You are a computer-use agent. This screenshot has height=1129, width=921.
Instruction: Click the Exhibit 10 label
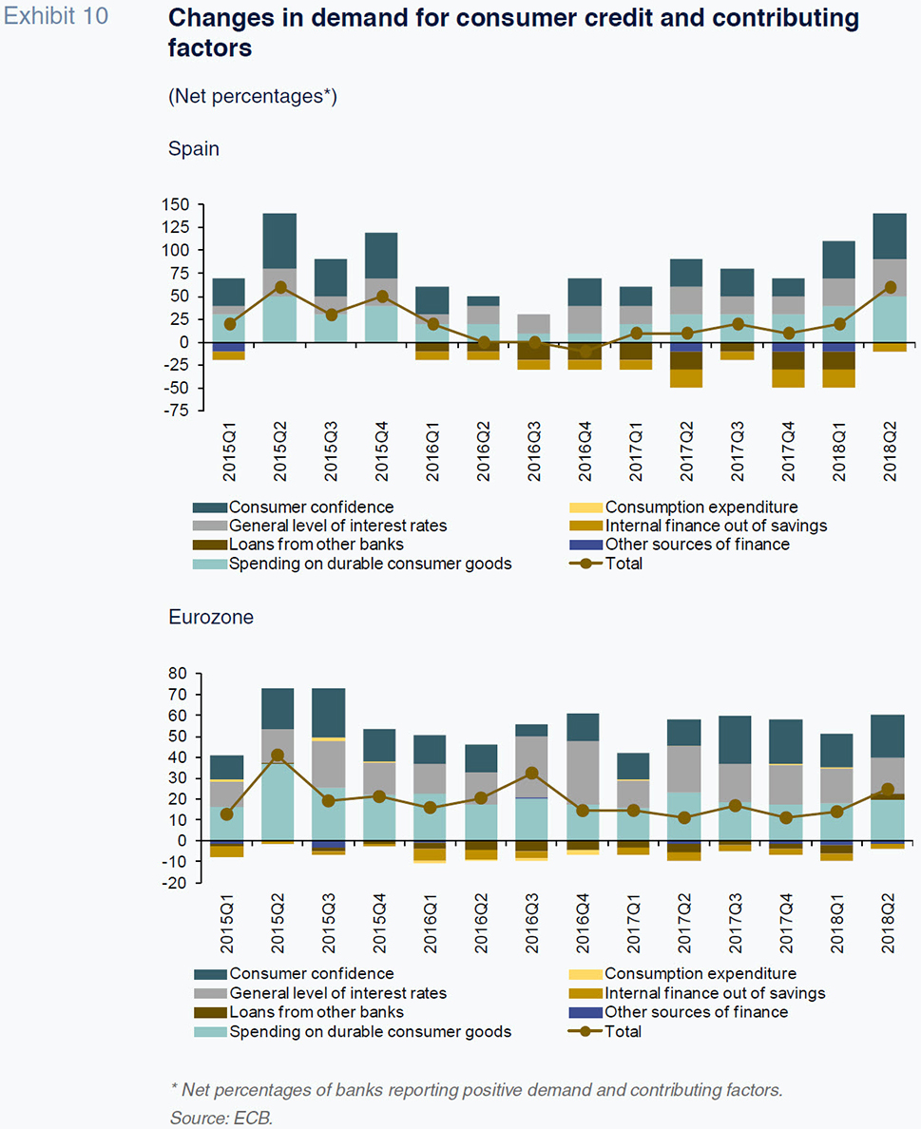56,17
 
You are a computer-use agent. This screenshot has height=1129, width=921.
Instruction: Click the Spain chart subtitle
193,148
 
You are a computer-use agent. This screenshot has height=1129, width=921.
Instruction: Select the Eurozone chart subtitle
211,617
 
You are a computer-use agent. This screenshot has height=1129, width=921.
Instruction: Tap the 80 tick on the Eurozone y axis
179,674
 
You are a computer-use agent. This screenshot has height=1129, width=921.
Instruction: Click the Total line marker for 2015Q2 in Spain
279,287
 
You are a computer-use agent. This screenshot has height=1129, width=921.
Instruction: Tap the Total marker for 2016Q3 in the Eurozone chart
534,774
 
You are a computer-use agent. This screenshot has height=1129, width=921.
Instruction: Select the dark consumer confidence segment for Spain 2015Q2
279,240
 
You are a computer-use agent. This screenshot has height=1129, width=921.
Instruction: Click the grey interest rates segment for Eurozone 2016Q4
583,773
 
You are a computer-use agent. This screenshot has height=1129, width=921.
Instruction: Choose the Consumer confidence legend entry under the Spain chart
311,507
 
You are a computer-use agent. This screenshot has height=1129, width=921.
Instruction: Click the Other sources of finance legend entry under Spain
696,545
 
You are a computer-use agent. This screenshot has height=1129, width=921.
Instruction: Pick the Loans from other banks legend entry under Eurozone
316,1012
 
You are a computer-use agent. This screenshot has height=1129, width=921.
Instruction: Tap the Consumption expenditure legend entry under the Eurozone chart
700,973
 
